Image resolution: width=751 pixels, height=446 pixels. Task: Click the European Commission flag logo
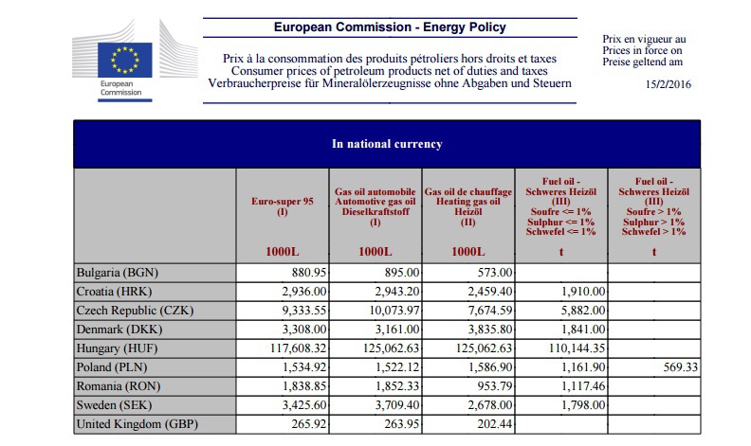tap(125, 59)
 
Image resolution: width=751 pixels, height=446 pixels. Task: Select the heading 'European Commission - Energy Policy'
tap(390, 28)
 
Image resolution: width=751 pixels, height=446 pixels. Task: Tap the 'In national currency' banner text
tap(387, 144)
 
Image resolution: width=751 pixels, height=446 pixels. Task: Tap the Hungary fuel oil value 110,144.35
tap(562, 348)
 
